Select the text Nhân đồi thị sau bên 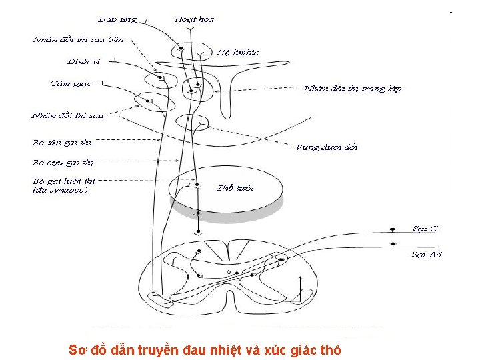tap(78, 39)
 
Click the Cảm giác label tap(71, 83)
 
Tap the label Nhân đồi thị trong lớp tap(352, 89)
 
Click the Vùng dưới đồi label tap(327, 147)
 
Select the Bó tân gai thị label tap(61, 142)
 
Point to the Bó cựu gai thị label tap(63, 162)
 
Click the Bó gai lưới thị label tap(63, 181)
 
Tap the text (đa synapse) tap(59, 190)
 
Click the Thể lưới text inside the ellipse tap(235, 188)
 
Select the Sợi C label tap(425, 229)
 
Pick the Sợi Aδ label tap(427, 254)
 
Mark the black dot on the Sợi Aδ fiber tap(393, 245)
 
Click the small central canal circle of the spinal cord tap(229, 273)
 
